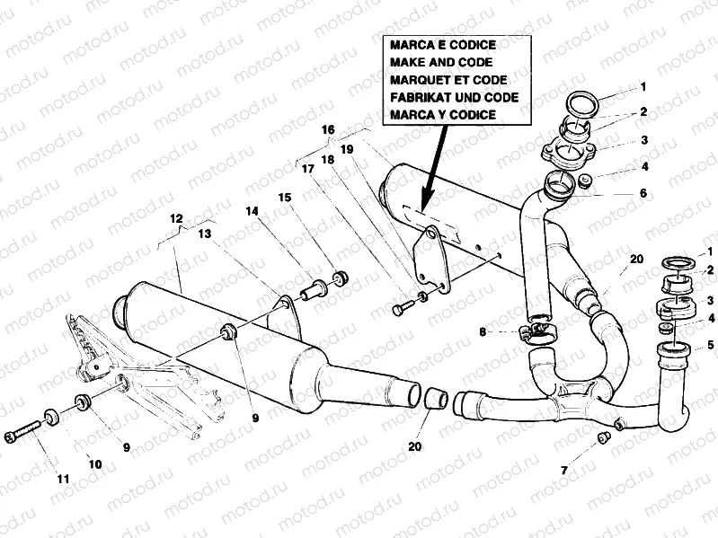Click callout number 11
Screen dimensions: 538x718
[63, 479]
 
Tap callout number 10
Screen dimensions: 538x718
[94, 463]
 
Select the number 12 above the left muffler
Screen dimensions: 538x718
[176, 218]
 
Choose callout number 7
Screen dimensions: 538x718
[563, 470]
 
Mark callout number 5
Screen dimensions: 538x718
[711, 343]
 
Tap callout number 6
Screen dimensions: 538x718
[643, 192]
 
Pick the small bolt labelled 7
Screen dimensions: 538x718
[603, 437]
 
